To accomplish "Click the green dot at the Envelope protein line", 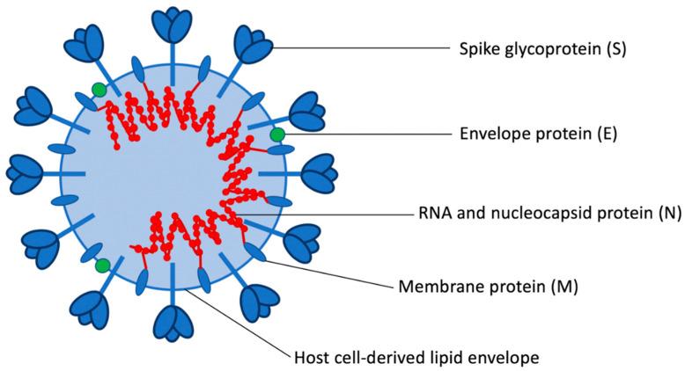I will [x=277, y=135].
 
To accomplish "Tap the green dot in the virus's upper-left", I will [x=99, y=90].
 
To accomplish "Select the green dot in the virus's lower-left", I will [x=103, y=266].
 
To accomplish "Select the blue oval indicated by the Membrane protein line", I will [x=254, y=251].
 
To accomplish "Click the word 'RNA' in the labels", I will [x=431, y=214].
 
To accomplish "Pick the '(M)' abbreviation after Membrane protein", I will [x=560, y=287].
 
